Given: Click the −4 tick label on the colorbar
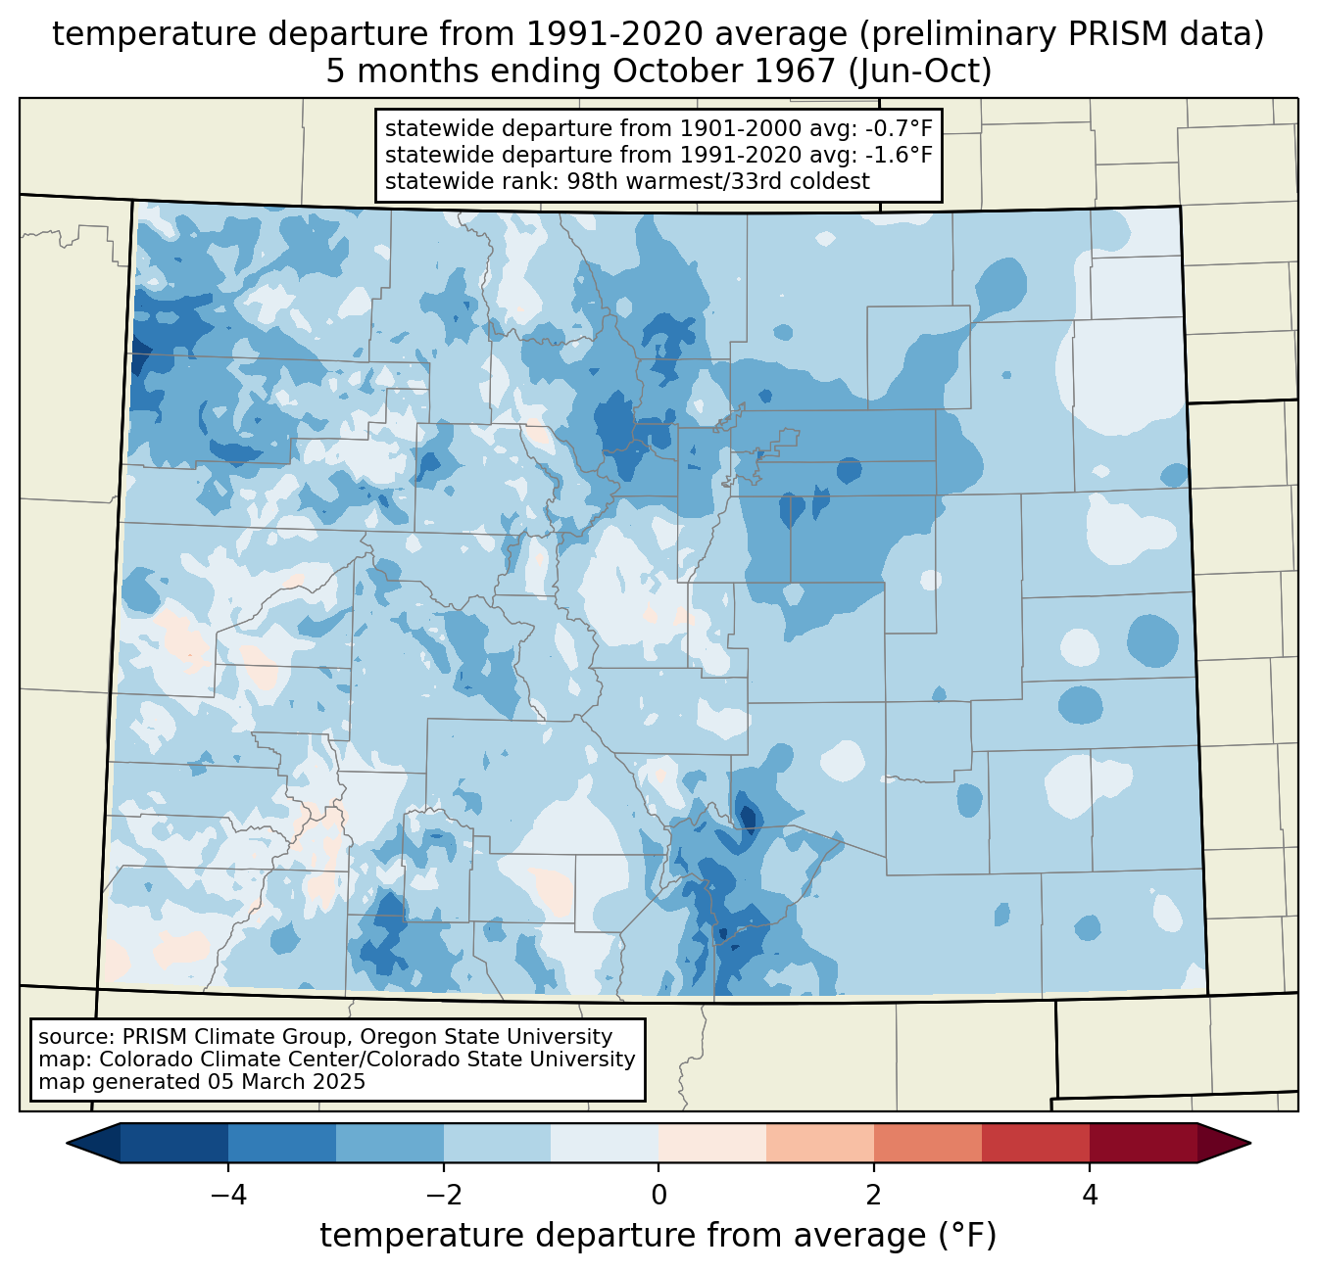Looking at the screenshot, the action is click(228, 1195).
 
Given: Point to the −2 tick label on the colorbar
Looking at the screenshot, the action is click(444, 1195).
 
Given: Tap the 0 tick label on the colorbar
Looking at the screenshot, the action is click(658, 1195).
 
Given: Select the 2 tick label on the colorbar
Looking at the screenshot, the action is click(874, 1195).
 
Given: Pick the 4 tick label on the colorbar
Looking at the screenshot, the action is click(1090, 1195).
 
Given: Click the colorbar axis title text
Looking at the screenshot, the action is click(658, 1235).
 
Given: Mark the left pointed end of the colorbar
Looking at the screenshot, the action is click(67, 1143).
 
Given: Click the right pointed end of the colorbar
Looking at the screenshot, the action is click(1250, 1143).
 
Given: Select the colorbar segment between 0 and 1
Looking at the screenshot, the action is click(712, 1143).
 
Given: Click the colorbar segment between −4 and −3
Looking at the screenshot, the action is click(281, 1143).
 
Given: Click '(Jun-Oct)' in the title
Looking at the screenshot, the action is click(920, 71).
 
